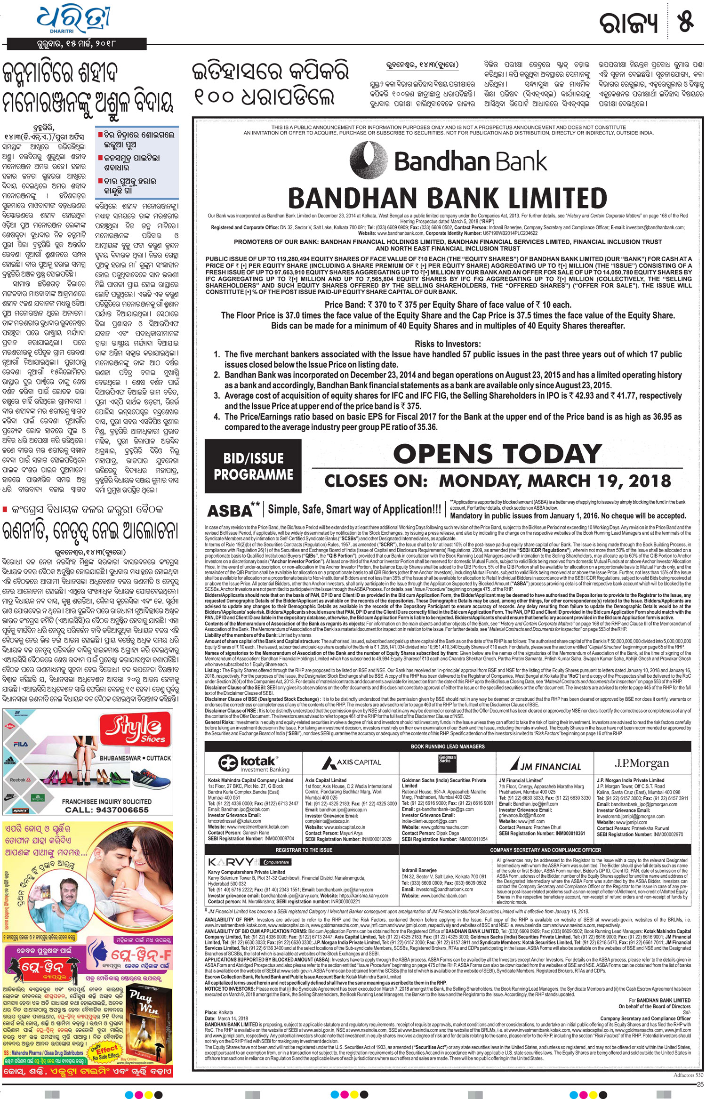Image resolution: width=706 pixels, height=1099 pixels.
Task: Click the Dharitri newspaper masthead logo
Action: [x=74, y=22]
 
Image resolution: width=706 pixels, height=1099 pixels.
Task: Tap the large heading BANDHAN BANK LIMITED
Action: [x=448, y=198]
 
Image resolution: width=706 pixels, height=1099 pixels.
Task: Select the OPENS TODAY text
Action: [x=497, y=454]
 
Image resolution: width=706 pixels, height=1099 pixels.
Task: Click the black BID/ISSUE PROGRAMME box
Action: [x=253, y=466]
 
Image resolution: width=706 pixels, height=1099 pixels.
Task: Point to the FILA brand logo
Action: [x=21, y=744]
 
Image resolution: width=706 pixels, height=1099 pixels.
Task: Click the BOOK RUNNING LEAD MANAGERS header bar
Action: [x=448, y=746]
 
